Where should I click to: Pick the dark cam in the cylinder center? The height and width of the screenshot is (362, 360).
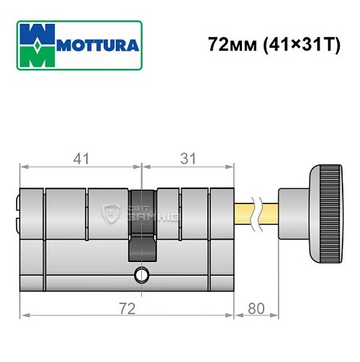[142, 224]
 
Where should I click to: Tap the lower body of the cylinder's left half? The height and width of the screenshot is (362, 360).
[80, 264]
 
